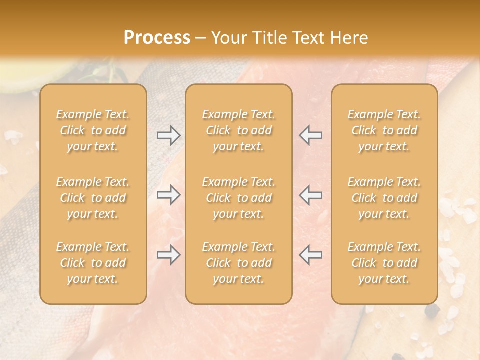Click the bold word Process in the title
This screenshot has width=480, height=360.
coord(157,38)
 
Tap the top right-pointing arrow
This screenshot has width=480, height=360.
coord(169,135)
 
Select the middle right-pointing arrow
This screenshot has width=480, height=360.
coord(169,195)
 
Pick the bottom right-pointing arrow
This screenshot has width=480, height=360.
coord(169,255)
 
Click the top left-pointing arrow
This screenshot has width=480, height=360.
coord(310,135)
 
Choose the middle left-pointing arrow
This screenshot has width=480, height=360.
coord(310,195)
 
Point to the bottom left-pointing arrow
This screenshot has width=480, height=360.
coord(310,255)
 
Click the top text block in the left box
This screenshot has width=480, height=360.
coord(93,130)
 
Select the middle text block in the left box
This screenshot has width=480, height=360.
coord(93,198)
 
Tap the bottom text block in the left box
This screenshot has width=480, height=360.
coord(93,263)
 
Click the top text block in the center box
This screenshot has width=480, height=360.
coord(239,130)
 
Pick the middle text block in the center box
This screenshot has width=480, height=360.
coord(239,198)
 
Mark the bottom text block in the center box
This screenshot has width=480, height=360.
coord(239,263)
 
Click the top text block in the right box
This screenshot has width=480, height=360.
coord(384,130)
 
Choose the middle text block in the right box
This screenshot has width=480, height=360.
coord(384,198)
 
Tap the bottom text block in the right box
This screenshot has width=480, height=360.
coord(384,263)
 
